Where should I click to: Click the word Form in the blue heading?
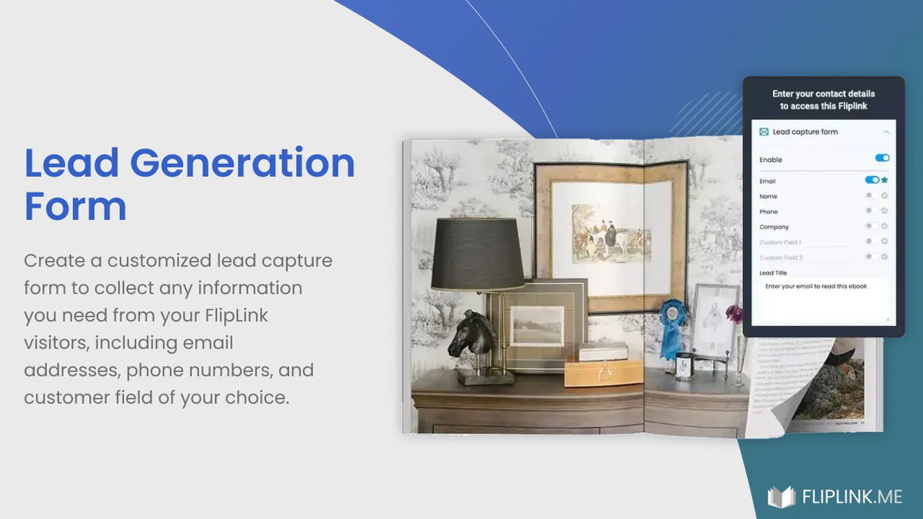click(75, 206)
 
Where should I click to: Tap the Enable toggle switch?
click(882, 158)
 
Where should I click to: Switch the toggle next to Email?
click(871, 180)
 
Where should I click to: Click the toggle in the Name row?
click(871, 195)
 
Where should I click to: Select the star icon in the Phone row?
click(885, 211)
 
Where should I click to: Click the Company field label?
click(774, 227)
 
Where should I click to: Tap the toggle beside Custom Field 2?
click(871, 257)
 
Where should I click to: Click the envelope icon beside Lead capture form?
click(764, 132)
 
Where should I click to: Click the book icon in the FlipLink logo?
click(781, 497)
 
